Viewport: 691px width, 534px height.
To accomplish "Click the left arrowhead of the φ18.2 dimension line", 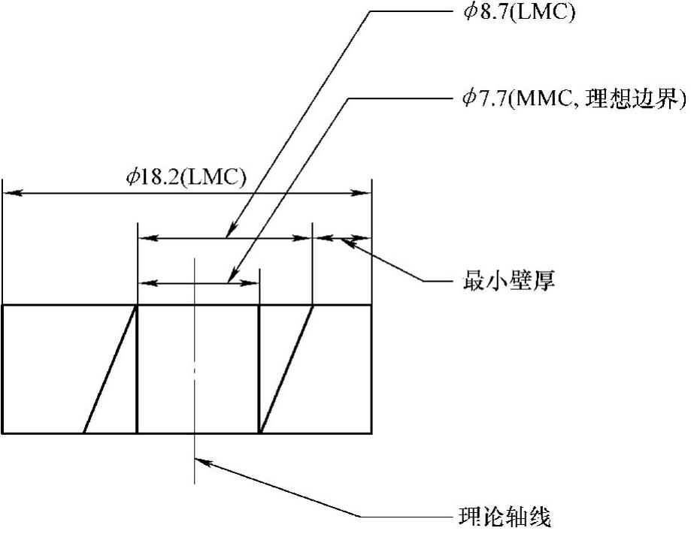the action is [x=11, y=193].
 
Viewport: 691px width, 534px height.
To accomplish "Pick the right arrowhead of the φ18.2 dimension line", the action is [x=365, y=193].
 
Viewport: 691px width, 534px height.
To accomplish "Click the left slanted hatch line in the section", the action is [x=110, y=369].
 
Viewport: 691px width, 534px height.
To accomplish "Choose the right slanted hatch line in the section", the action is [x=286, y=369].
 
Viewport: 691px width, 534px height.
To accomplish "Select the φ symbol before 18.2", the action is [x=132, y=177].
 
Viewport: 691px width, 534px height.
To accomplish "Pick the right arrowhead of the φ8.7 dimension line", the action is [x=304, y=238].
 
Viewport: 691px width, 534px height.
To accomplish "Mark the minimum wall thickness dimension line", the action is [x=342, y=238].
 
